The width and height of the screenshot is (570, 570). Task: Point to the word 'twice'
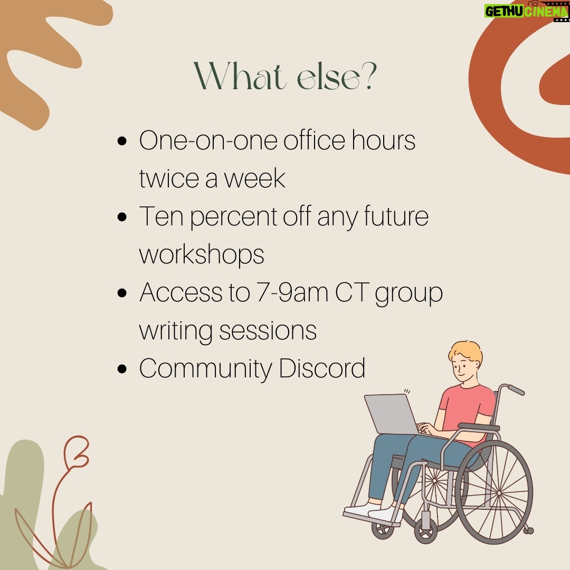pyautogui.click(x=169, y=178)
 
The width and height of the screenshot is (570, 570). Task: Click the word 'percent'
pyautogui.click(x=233, y=217)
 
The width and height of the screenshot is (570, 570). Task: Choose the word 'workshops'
pyautogui.click(x=202, y=255)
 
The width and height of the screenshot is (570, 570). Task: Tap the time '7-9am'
pyautogui.click(x=292, y=292)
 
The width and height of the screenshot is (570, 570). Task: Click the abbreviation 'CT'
pyautogui.click(x=352, y=292)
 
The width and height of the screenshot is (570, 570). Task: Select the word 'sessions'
pyautogui.click(x=268, y=331)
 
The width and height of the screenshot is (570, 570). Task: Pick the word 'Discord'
pyautogui.click(x=322, y=368)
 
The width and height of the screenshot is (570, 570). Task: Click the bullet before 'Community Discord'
pyautogui.click(x=122, y=369)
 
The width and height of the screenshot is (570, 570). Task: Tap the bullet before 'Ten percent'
pyautogui.click(x=122, y=217)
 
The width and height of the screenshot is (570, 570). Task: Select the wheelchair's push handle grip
pyautogui.click(x=516, y=389)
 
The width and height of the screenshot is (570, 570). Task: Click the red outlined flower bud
pyautogui.click(x=78, y=451)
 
